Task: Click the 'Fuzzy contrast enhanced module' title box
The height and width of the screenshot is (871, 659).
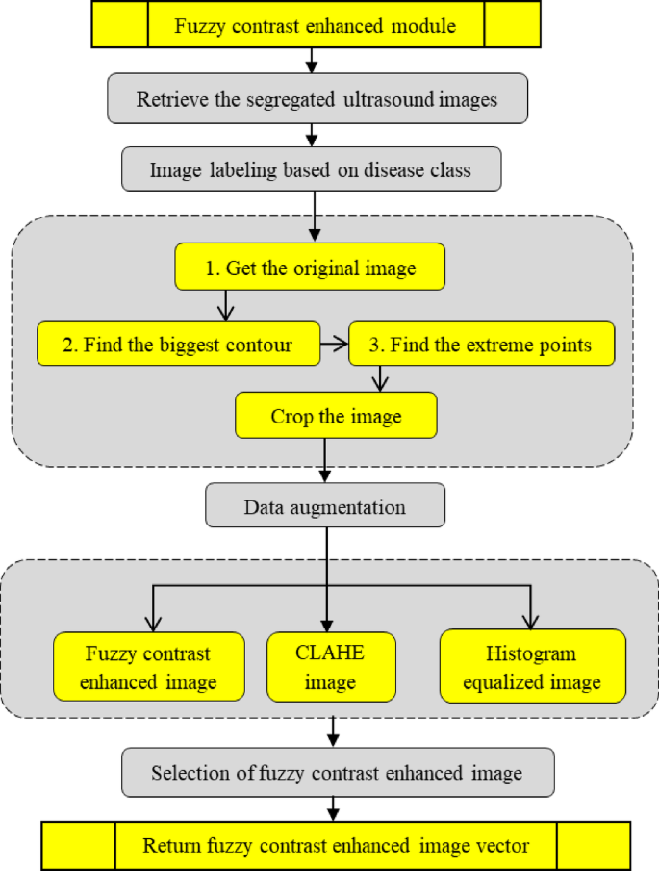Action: point(316,25)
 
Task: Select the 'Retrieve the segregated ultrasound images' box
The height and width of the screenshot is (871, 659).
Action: point(317,99)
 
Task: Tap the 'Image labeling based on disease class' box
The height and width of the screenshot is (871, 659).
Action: point(311,170)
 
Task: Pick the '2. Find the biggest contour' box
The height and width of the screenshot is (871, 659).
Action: point(178,345)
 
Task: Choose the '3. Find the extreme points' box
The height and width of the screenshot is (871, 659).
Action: point(481,345)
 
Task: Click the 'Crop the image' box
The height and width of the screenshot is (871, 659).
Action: point(336,417)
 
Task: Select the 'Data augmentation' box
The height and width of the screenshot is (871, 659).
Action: point(325,506)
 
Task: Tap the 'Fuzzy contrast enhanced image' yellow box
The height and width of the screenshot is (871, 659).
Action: point(148,668)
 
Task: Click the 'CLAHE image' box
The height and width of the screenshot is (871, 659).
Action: point(330,668)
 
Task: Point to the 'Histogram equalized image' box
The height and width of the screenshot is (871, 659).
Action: point(532,668)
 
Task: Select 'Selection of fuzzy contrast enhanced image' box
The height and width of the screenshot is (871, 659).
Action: point(337,773)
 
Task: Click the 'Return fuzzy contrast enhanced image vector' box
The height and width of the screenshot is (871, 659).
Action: point(336,846)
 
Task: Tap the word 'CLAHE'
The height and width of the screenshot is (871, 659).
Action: point(330,654)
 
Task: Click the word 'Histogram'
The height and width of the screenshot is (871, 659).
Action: point(532,654)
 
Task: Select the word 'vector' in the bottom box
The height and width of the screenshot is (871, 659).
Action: point(503,846)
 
